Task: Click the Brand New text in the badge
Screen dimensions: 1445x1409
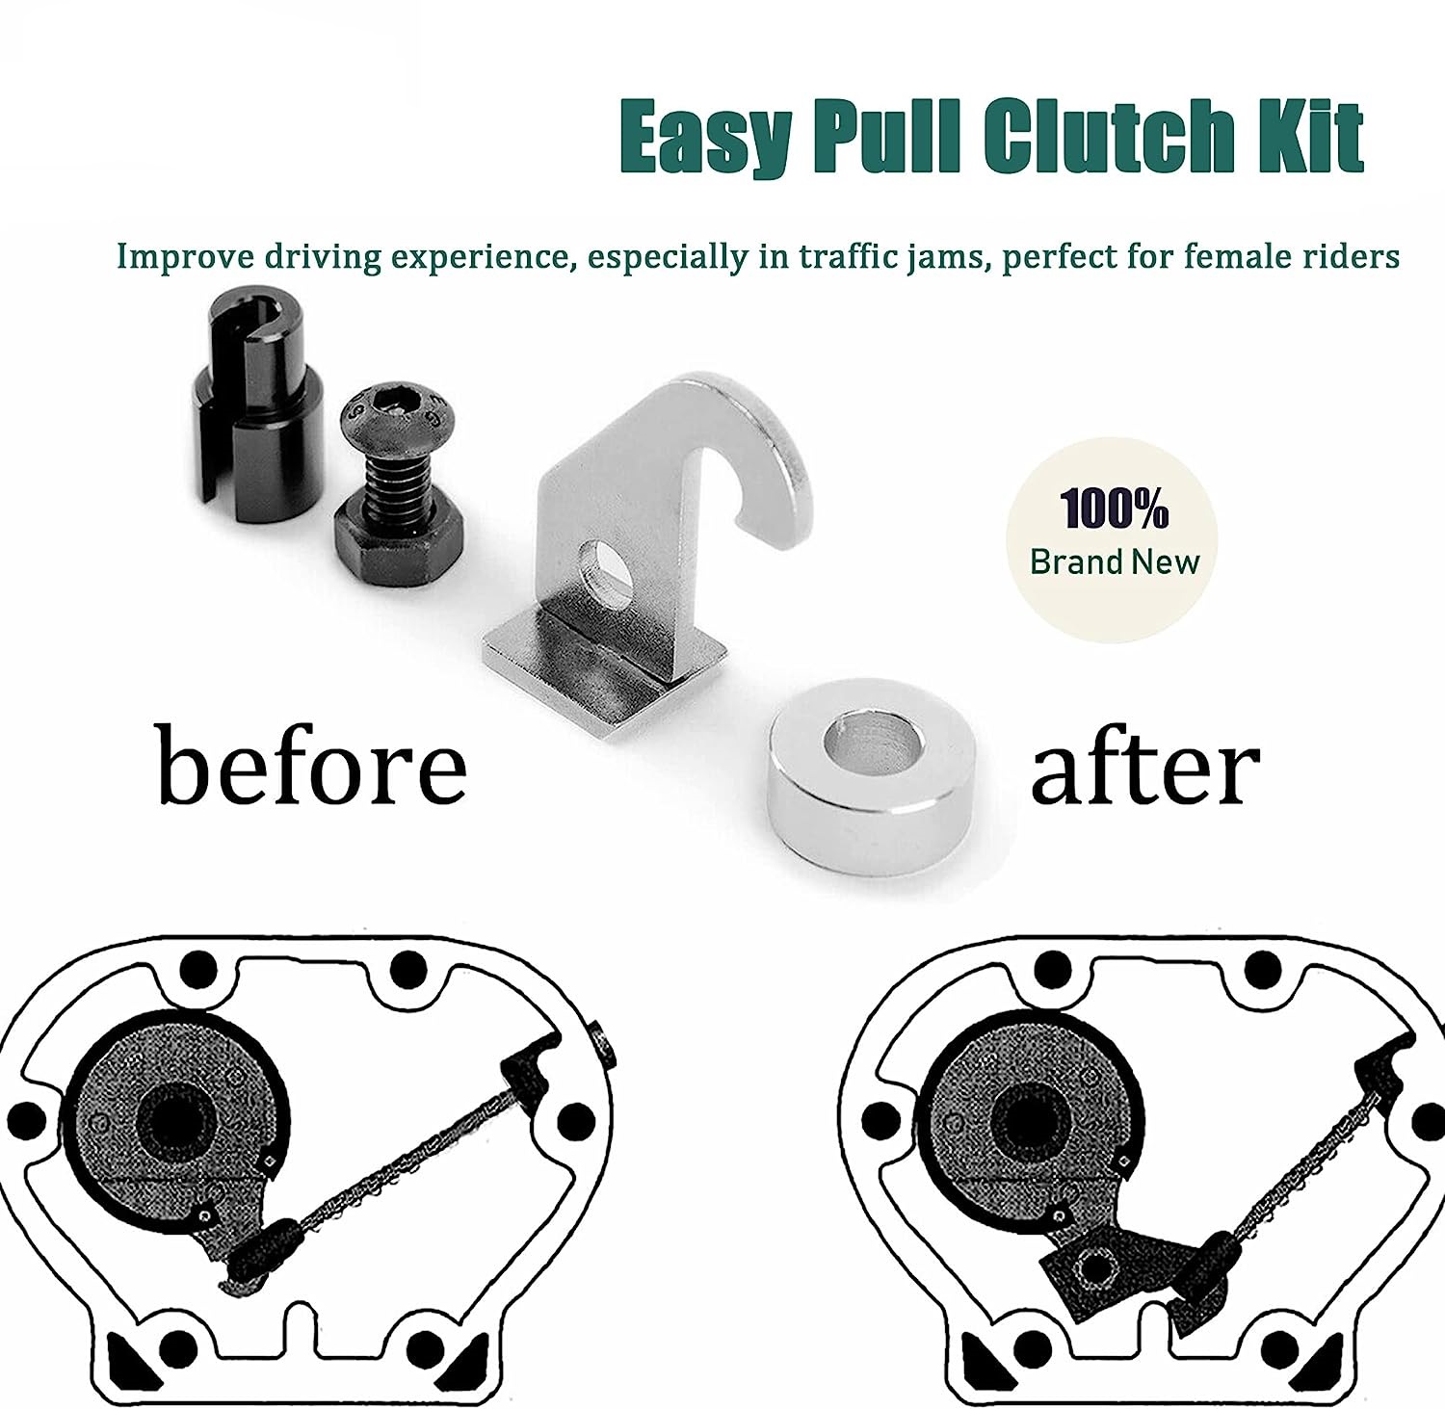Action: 1115,561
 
